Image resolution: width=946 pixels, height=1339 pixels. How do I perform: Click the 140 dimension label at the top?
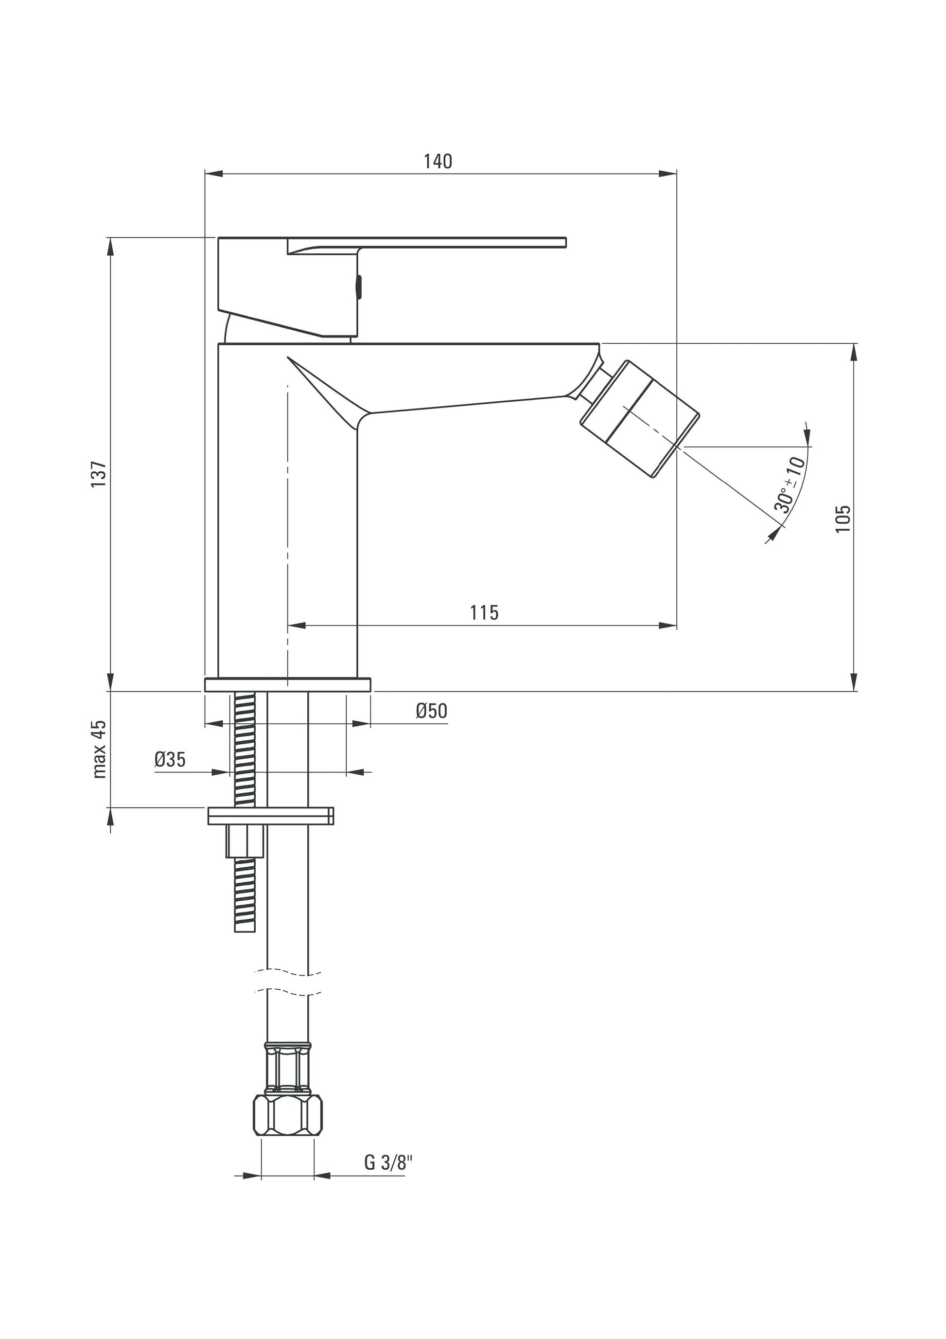438,161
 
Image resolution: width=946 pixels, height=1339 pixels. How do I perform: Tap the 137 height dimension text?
99,474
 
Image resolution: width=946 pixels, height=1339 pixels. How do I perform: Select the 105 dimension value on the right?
843,518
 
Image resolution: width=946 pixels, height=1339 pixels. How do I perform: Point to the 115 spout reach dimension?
484,612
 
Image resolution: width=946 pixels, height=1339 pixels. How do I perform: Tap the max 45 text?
100,749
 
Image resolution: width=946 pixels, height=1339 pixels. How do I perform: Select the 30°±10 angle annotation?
790,484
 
